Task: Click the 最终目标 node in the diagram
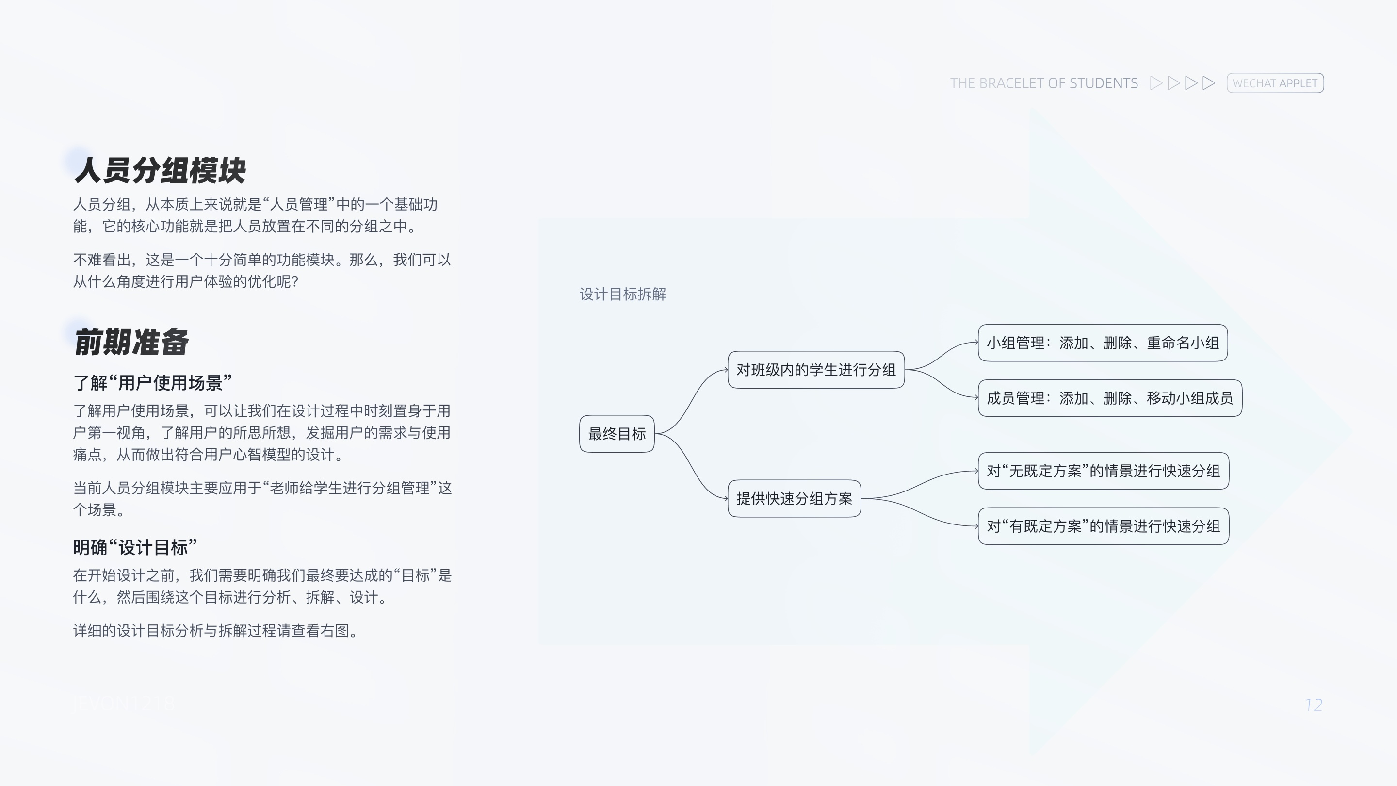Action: [617, 434]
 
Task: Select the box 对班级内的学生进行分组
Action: [815, 370]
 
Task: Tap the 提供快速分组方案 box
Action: [794, 498]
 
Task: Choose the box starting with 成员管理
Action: [1109, 398]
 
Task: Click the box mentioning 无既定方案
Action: [1103, 471]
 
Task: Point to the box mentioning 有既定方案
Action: [1103, 526]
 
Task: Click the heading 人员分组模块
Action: [160, 170]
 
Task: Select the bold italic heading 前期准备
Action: [131, 342]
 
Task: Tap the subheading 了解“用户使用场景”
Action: [152, 383]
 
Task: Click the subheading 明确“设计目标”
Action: [135, 547]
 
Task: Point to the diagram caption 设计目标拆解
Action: [622, 294]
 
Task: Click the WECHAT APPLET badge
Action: [1275, 83]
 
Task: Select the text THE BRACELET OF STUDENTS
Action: [1043, 83]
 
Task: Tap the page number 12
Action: [1314, 704]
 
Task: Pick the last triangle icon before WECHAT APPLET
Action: [1208, 83]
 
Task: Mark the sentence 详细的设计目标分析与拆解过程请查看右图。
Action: [215, 631]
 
